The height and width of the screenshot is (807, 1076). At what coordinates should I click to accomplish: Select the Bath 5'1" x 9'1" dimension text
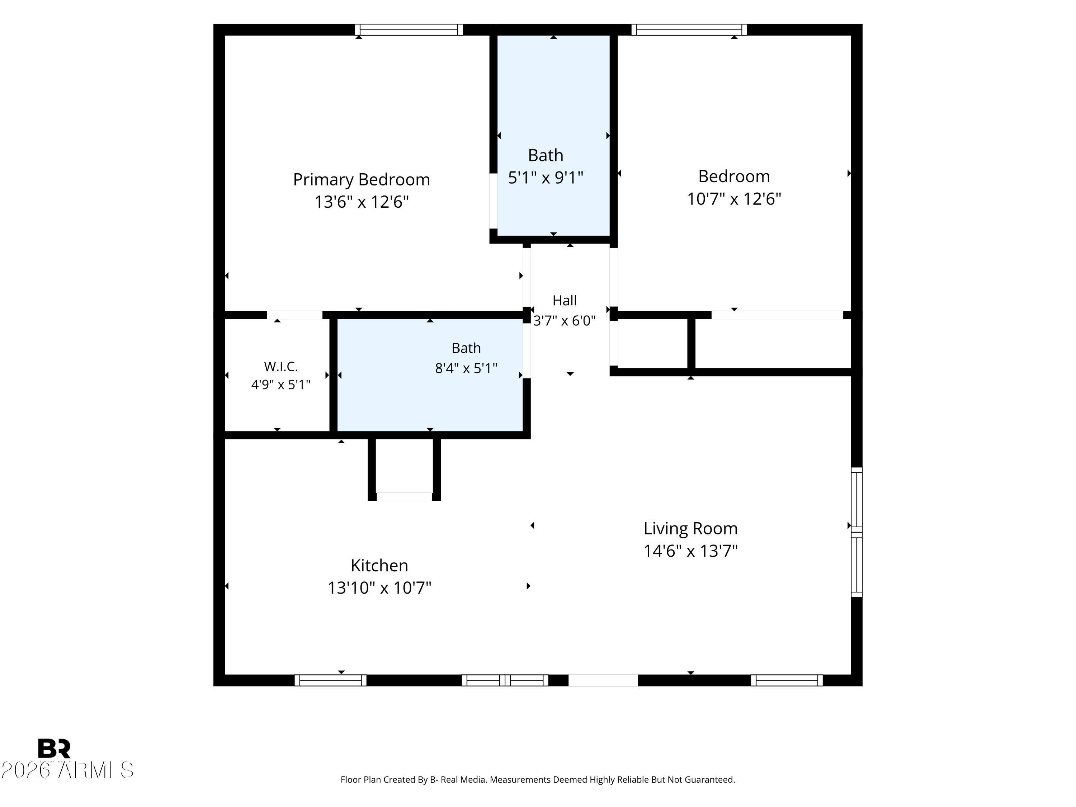[546, 178]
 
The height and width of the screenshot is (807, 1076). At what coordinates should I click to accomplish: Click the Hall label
[565, 301]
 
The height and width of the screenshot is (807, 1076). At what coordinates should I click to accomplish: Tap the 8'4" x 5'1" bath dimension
[466, 368]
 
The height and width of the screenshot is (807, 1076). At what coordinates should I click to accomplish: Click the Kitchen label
[379, 565]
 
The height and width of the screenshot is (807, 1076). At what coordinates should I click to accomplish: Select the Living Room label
[691, 529]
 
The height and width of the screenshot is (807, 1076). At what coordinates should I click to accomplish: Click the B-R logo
[54, 748]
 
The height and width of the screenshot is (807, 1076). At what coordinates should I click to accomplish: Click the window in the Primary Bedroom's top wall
[409, 30]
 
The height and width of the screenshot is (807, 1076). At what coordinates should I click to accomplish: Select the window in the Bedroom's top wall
[689, 30]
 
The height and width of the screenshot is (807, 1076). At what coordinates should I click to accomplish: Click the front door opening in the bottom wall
[603, 680]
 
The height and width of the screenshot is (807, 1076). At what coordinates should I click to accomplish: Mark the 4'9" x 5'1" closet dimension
[281, 385]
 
